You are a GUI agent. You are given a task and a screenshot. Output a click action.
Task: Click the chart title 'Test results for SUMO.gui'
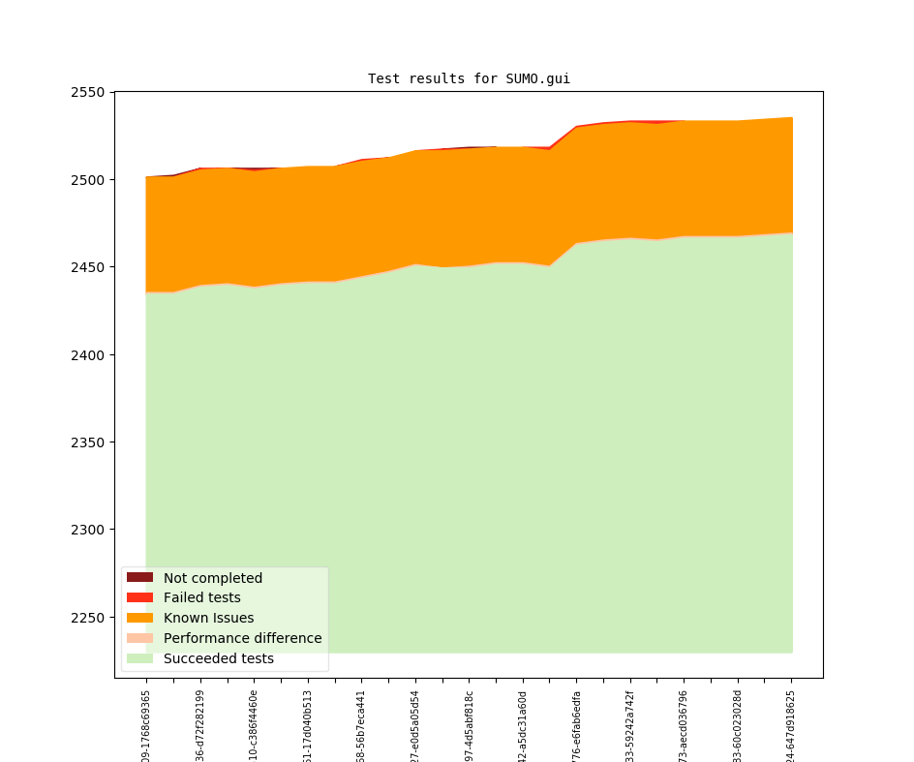pos(469,78)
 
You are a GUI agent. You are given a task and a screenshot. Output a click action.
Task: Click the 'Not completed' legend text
pos(213,578)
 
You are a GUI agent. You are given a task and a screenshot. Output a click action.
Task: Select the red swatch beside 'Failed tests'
pos(139,597)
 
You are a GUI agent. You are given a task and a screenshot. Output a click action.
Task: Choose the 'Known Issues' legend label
pos(208,618)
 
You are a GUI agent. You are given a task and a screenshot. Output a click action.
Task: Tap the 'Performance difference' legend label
pos(242,638)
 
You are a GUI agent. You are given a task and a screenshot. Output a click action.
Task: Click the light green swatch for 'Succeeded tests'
pos(139,658)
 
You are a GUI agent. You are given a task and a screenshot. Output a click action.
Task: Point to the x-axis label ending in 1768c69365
pos(146,725)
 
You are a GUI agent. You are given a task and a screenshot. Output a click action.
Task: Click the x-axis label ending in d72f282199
pos(200,725)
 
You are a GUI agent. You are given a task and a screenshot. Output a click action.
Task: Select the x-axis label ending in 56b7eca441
pos(362,725)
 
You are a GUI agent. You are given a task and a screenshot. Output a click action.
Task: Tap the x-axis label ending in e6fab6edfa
pos(577,725)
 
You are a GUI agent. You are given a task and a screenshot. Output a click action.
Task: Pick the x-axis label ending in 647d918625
pos(792,725)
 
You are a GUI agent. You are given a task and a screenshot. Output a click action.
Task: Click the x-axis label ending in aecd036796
pos(685,725)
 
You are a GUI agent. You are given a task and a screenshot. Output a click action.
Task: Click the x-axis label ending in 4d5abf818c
pos(470,725)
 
